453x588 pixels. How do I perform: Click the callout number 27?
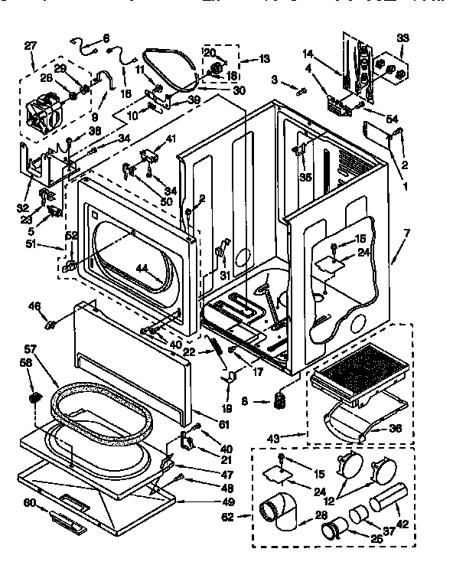(30, 46)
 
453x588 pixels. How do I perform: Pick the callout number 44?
(142, 269)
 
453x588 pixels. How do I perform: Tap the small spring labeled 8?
(280, 400)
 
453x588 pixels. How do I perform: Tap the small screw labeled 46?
(53, 326)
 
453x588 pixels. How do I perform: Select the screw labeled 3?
(299, 92)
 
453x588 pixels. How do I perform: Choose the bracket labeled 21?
(186, 442)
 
